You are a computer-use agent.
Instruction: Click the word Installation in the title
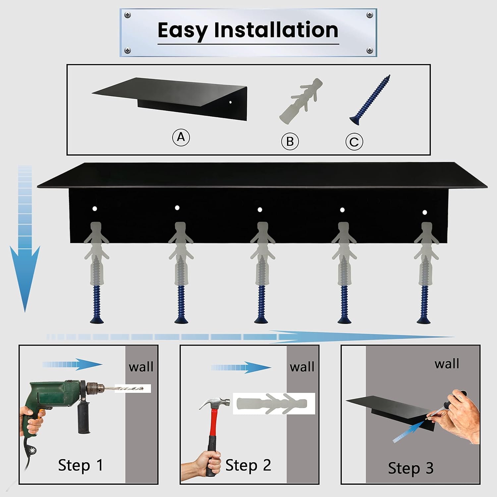[276, 30]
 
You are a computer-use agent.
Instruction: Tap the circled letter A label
[181, 137]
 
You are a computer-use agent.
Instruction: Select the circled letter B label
[290, 141]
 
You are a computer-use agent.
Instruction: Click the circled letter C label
[354, 142]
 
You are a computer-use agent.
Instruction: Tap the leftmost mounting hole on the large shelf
[94, 209]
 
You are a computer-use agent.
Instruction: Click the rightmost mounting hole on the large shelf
[425, 212]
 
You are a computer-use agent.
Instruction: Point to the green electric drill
[56, 398]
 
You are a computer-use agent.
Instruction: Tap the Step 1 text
[81, 465]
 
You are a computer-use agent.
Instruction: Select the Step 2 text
[248, 465]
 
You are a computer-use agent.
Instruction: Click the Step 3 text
[411, 468]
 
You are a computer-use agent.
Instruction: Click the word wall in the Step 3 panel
[447, 364]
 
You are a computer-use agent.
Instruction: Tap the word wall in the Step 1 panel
[141, 367]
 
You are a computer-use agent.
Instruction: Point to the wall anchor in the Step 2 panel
[274, 404]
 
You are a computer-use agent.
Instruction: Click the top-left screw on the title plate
[127, 15]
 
